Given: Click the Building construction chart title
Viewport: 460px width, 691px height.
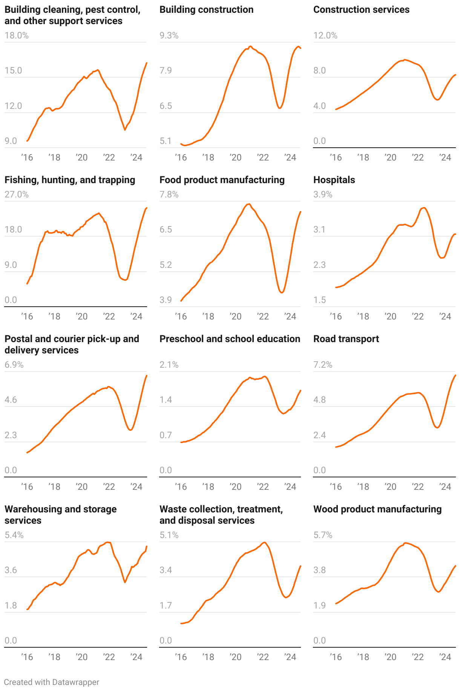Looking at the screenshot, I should pos(206,10).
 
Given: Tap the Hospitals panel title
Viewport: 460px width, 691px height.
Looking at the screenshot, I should pos(334,180).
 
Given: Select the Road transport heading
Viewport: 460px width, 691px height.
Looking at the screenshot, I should pos(346,339).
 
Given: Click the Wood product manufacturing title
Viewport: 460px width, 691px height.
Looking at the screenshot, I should pos(377,509).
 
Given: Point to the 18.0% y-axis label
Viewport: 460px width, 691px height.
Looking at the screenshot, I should pos(17,35).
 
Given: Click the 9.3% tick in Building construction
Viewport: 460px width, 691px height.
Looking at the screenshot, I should pos(169,35).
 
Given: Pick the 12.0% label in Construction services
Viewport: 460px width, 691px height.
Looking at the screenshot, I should pos(325,35).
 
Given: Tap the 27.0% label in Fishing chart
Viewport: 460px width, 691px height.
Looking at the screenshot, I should pos(17,194).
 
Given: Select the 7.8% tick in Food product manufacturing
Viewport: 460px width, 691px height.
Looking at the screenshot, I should pos(169,194).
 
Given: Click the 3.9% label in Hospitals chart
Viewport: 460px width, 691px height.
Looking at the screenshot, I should pos(323,194).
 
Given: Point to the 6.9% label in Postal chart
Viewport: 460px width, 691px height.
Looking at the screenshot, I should pos(14,365).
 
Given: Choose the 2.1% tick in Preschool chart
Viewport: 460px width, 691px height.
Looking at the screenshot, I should pos(169,365).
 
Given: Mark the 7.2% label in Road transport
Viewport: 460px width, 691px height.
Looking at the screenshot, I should pos(323,365).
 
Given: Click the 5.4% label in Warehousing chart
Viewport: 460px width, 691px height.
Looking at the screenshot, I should pos(14,535).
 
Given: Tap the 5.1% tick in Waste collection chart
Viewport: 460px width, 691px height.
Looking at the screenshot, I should pos(169,535).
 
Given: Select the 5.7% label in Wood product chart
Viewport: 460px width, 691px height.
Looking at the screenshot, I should pos(323,535).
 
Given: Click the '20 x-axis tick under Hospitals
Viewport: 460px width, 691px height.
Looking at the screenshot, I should pos(390,316).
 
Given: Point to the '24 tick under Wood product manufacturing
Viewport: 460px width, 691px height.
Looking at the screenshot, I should pos(445,657).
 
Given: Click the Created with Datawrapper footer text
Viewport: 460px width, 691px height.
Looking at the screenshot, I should pos(52,682).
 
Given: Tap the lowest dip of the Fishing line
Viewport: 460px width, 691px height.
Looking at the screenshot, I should pos(125,280).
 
